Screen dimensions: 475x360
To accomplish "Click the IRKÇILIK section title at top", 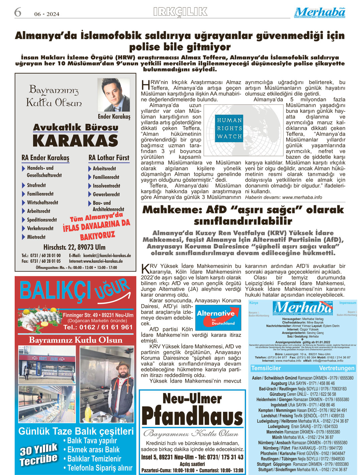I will (180, 12).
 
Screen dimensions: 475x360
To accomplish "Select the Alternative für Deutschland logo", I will (218, 318).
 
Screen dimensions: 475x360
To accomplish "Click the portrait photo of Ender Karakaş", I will (113, 95).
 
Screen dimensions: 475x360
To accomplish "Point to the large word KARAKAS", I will (75, 141).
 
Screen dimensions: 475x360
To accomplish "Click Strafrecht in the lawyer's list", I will (36, 185).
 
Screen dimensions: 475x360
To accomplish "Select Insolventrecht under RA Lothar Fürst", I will (106, 186).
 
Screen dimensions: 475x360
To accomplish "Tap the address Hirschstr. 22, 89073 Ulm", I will (74, 247).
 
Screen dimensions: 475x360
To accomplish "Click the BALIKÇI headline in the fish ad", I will (55, 290).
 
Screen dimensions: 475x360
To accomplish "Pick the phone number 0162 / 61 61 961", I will (98, 327).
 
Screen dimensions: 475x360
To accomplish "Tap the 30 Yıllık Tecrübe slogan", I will (38, 454).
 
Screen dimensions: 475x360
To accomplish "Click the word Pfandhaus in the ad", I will (192, 417).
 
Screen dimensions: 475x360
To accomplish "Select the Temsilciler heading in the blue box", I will (266, 368).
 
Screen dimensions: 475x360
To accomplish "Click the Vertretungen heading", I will (337, 368).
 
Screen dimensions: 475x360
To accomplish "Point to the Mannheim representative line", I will (303, 432).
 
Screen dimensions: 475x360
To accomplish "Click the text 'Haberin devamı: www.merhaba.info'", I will (283, 197).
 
